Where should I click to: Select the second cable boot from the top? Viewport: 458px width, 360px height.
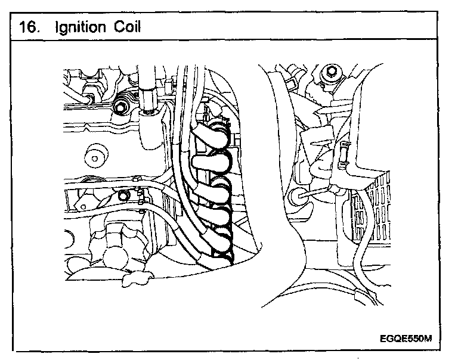[x=212, y=160]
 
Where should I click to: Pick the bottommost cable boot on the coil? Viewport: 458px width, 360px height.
[x=219, y=253]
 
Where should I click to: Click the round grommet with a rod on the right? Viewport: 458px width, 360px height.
[x=296, y=196]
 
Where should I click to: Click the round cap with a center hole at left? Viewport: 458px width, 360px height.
[x=94, y=157]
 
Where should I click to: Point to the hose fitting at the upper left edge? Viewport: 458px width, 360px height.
[x=89, y=95]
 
